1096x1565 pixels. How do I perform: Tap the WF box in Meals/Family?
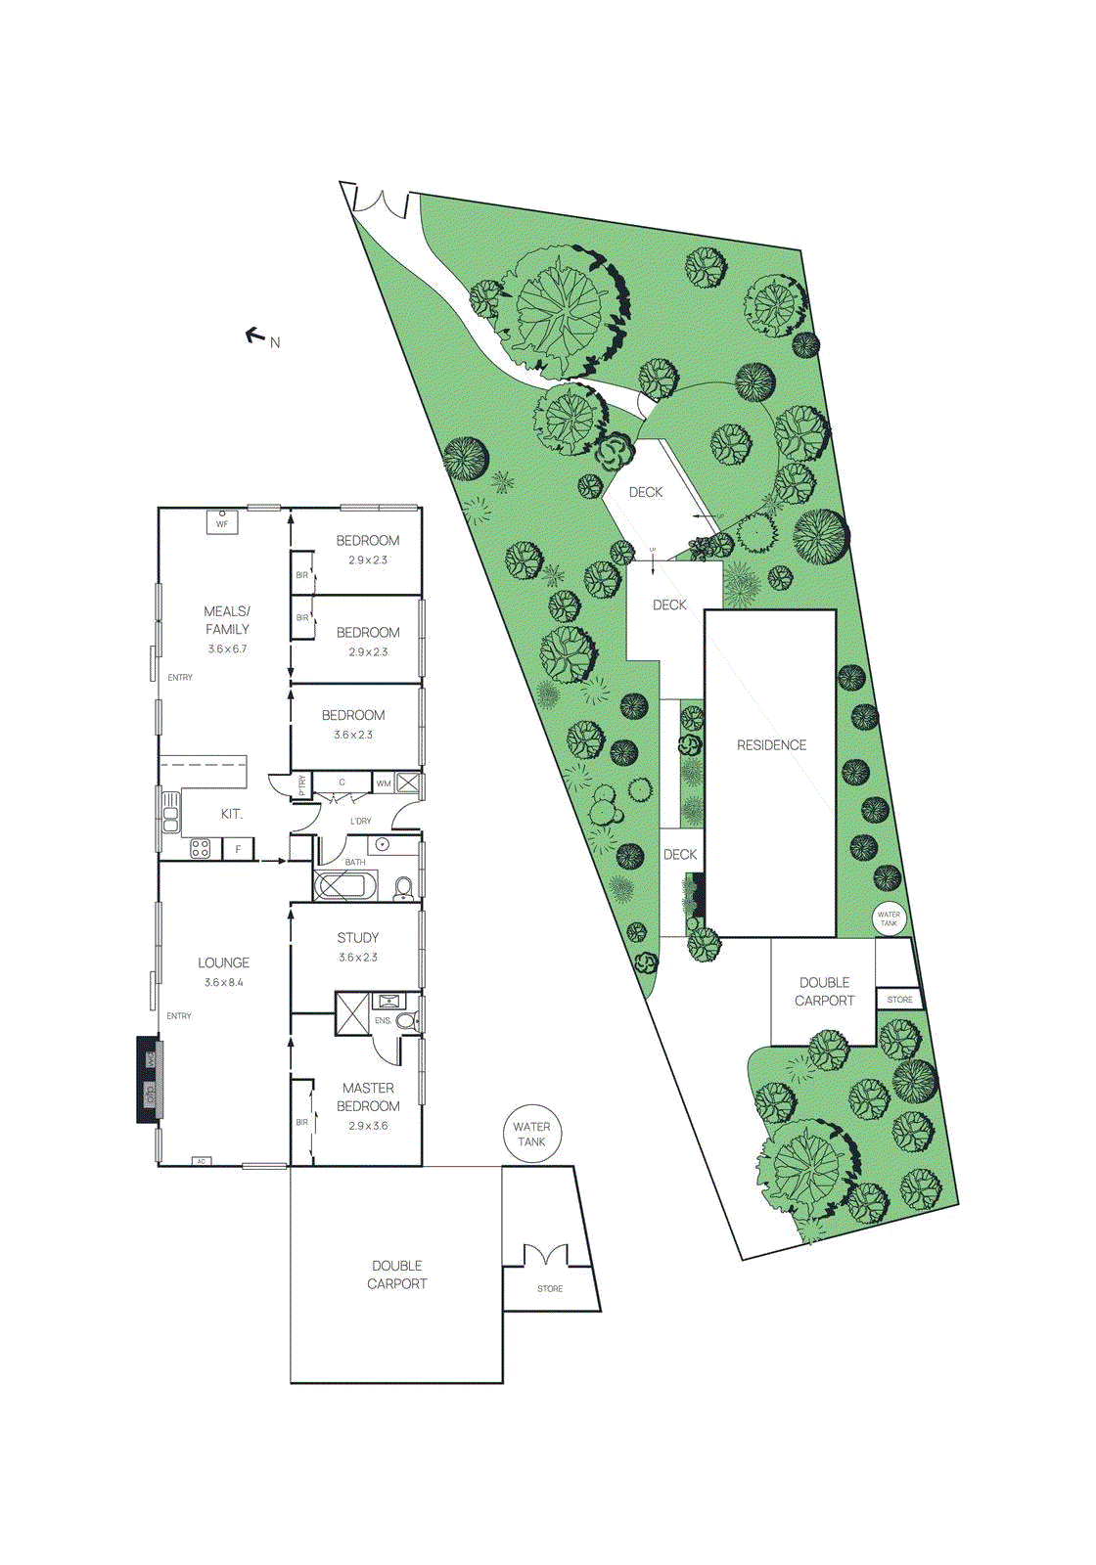coord(222,523)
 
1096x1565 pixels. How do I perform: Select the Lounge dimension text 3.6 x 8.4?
coord(224,982)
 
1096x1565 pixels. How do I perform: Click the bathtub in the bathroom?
coord(344,886)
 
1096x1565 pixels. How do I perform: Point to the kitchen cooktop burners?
coord(200,848)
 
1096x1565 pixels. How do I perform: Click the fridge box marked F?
coord(238,849)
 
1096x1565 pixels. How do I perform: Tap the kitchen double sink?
coord(170,811)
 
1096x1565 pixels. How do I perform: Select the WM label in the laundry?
coord(384,782)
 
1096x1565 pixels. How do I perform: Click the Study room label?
coord(358,937)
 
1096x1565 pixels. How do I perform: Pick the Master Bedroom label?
coord(368,1096)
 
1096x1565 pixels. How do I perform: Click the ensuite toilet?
coord(406,1020)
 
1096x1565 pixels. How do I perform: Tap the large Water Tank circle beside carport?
coord(531,1134)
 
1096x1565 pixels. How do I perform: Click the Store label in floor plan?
coord(550,1288)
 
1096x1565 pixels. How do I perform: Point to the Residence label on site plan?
coord(771,745)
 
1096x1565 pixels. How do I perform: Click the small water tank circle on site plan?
coord(889,918)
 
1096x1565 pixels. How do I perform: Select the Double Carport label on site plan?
coord(824,991)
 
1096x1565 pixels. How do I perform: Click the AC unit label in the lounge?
coord(202,1161)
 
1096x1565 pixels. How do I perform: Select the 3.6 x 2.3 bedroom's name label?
coord(353,715)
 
